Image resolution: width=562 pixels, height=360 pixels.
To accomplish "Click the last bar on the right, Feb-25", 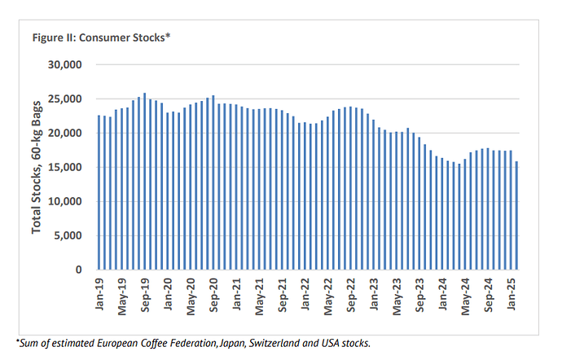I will tap(516, 215).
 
